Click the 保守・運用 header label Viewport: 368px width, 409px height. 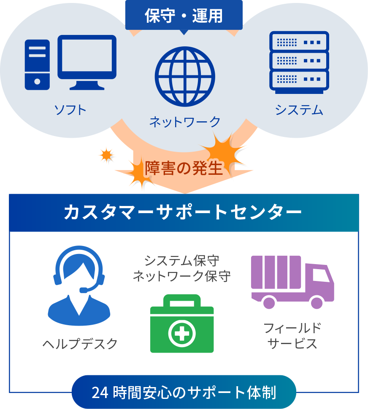[184, 16]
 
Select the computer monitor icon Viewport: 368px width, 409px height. [87, 61]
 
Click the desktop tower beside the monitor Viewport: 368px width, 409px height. [37, 64]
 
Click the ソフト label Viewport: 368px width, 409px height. [70, 110]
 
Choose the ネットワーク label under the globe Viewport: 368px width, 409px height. [185, 122]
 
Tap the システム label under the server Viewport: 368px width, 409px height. [299, 110]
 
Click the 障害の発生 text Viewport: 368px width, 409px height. [184, 168]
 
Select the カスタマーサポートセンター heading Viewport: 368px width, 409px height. [183, 213]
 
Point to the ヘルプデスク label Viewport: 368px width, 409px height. [80, 344]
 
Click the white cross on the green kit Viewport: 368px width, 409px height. [182, 334]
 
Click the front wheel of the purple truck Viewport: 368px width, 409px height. [316, 302]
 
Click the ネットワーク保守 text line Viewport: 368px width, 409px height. [182, 276]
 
